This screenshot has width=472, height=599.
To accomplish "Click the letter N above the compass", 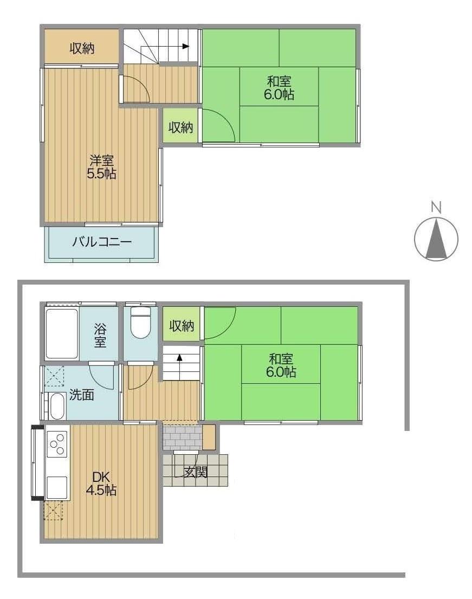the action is (x=436, y=208).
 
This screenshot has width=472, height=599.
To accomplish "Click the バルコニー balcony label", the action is (x=102, y=242).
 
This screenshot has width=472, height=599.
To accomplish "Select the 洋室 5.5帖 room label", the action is (x=101, y=167).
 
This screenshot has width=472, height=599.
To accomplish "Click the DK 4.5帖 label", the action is (x=101, y=483).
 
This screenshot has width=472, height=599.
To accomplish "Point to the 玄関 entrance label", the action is (x=196, y=472).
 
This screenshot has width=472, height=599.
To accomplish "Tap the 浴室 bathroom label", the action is (x=100, y=336).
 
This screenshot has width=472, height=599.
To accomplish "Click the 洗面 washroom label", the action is (x=82, y=395).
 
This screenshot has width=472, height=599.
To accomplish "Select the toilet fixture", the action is (x=140, y=323).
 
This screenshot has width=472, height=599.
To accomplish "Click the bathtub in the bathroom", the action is (x=62, y=333).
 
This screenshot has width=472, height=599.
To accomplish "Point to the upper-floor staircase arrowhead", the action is (x=186, y=47).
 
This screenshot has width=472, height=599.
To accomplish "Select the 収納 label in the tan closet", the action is (x=82, y=48).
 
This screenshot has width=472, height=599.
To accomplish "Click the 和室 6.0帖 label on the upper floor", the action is (x=279, y=88).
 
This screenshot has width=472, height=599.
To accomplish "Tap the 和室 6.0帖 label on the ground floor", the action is (x=281, y=365).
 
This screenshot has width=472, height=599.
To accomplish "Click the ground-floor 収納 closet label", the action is (x=182, y=326).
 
